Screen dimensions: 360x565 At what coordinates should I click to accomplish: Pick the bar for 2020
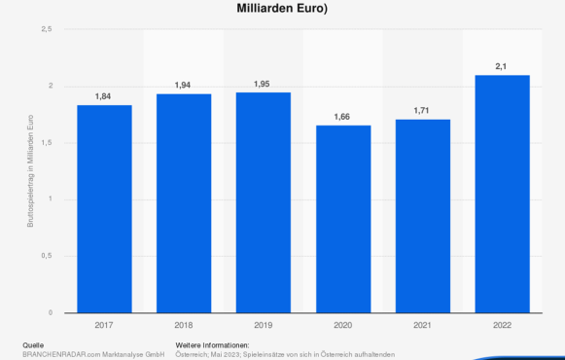342,219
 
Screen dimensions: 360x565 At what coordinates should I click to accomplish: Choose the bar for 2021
422,216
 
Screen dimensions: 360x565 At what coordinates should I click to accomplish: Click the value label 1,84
104,96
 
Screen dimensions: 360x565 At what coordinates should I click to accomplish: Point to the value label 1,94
183,86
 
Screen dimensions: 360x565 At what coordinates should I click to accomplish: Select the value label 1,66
342,117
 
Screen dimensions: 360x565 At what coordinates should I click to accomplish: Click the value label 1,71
422,111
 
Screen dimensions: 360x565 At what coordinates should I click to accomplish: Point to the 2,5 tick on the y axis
46,30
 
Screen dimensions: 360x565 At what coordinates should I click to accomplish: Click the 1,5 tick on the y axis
46,143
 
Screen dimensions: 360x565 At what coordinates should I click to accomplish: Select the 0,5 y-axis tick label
46,256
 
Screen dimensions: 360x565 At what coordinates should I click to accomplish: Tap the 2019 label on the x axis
263,326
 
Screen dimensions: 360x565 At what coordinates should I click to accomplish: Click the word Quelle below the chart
33,345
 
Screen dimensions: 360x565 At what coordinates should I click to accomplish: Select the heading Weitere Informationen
212,345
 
